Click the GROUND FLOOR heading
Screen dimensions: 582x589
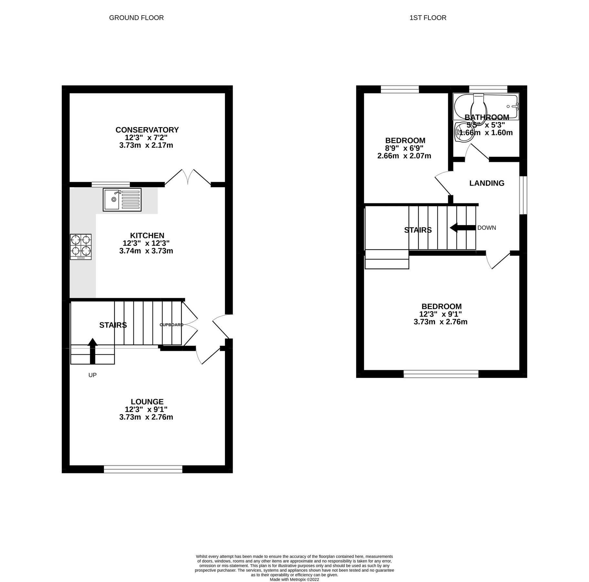pos(136,18)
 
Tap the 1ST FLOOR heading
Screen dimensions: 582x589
pos(427,18)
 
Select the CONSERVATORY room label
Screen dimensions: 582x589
pos(147,130)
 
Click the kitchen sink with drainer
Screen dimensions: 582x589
pos(122,199)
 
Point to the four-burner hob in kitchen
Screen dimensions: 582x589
pos(81,246)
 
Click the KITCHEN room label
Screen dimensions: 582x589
pos(147,235)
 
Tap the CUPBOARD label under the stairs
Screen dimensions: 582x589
pos(172,325)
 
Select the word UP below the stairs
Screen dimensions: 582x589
pos(92,375)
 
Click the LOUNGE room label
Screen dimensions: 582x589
pos(147,402)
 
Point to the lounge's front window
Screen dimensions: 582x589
pos(143,469)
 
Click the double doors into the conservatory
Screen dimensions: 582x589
pos(188,177)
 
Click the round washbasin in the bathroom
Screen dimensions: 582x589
pos(463,132)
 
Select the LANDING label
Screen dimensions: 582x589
pos(487,183)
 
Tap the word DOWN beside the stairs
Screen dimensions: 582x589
pos(487,228)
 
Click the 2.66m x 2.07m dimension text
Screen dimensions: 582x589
pos(404,156)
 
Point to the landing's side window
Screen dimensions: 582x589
pos(523,195)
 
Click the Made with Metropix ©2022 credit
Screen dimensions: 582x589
pos(294,579)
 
